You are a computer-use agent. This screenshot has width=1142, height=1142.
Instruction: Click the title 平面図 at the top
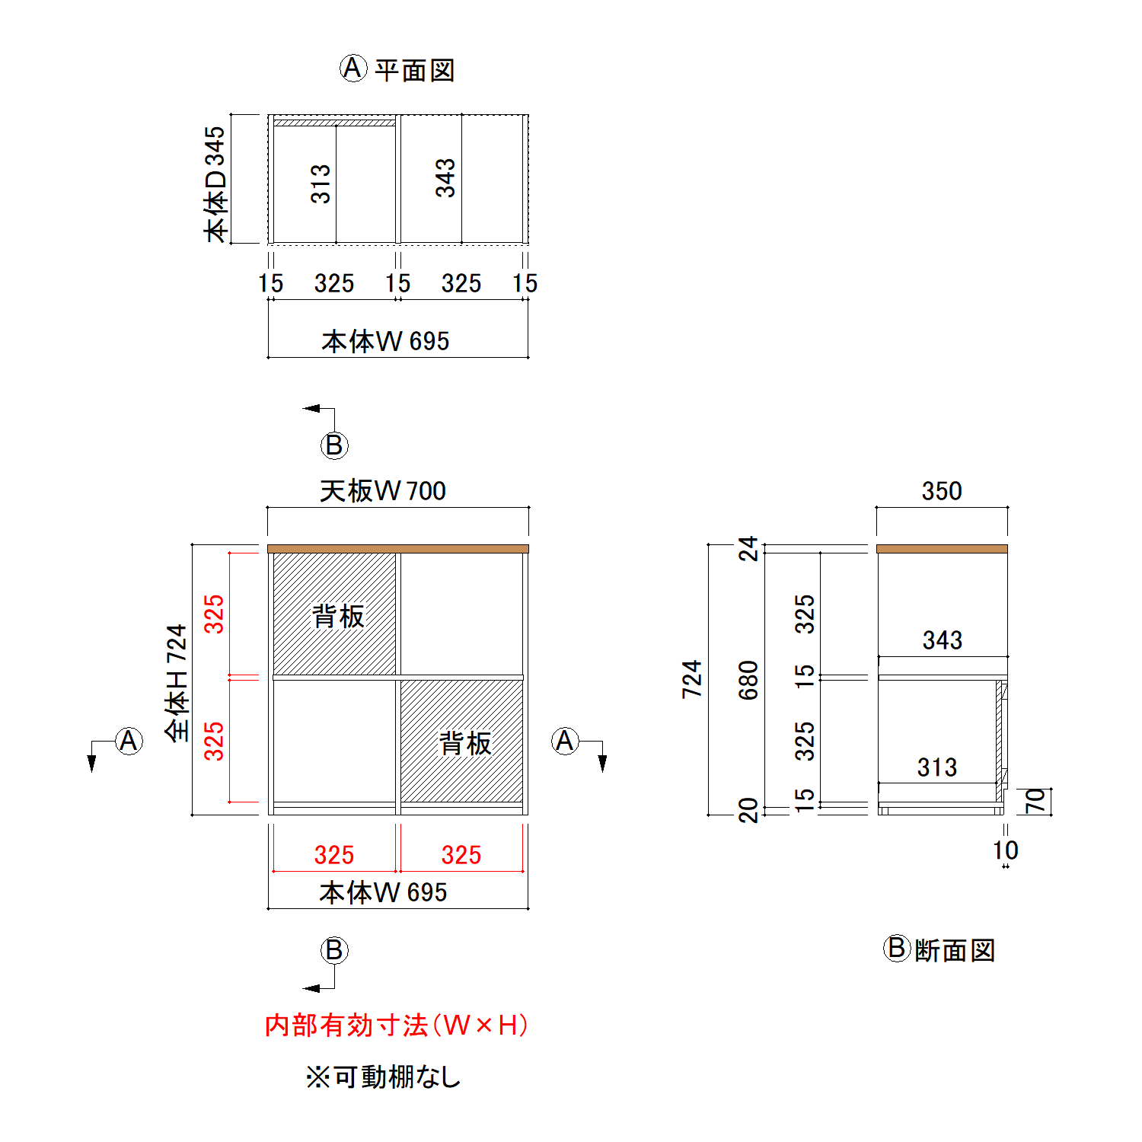click(x=414, y=70)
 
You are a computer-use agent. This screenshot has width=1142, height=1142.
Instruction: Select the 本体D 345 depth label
click(x=215, y=183)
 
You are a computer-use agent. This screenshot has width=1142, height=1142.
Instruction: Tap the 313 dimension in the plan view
click(x=321, y=183)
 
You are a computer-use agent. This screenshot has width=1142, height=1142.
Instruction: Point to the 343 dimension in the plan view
click(x=445, y=178)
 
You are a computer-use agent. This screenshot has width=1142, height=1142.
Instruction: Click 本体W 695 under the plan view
click(x=385, y=341)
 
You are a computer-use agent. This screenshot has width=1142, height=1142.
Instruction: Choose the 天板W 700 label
click(x=383, y=491)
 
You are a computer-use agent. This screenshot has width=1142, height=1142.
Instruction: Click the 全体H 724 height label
click(x=177, y=682)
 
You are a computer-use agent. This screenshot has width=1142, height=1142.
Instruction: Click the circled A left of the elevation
click(x=129, y=741)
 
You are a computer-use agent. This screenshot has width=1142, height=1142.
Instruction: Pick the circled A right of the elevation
click(x=565, y=741)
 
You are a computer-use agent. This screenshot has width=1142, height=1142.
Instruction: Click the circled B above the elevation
click(x=334, y=445)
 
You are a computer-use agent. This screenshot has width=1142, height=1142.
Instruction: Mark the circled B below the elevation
click(x=334, y=950)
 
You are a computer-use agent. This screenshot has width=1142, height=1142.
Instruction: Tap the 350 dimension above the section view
click(x=942, y=491)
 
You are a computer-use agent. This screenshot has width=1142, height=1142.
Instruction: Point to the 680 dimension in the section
click(x=748, y=680)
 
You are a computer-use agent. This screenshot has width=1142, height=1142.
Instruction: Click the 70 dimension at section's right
click(x=1035, y=800)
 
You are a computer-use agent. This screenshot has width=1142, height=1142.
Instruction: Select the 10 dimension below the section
click(x=1005, y=850)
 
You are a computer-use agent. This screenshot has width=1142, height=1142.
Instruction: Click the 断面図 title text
click(x=955, y=950)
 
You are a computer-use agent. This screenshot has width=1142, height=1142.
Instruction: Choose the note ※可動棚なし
click(x=384, y=1077)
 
